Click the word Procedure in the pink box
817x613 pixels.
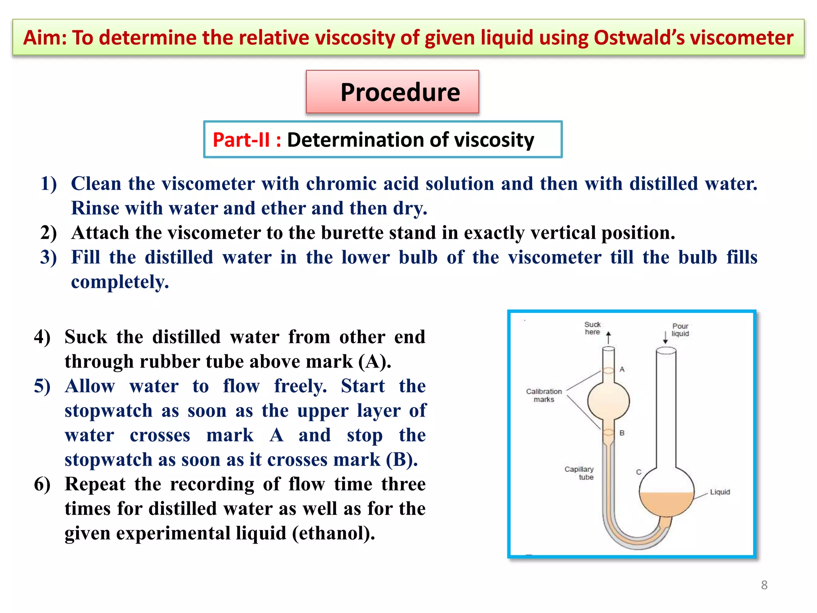point(400,92)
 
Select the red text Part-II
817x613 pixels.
point(241,140)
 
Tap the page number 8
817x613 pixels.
point(764,585)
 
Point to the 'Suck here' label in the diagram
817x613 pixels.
point(592,328)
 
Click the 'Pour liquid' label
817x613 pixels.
point(680,330)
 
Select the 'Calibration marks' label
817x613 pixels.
point(544,395)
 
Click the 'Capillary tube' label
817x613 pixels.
point(579,473)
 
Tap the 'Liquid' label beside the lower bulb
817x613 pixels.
point(720,492)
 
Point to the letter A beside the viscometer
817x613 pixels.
point(622,370)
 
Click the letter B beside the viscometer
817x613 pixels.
point(622,433)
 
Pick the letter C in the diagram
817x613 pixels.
point(639,472)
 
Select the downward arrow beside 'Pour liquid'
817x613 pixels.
point(665,337)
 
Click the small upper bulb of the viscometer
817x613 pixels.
point(608,400)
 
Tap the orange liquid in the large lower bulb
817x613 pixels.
point(666,505)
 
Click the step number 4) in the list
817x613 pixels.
point(42,337)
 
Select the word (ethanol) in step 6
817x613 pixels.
point(334,533)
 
